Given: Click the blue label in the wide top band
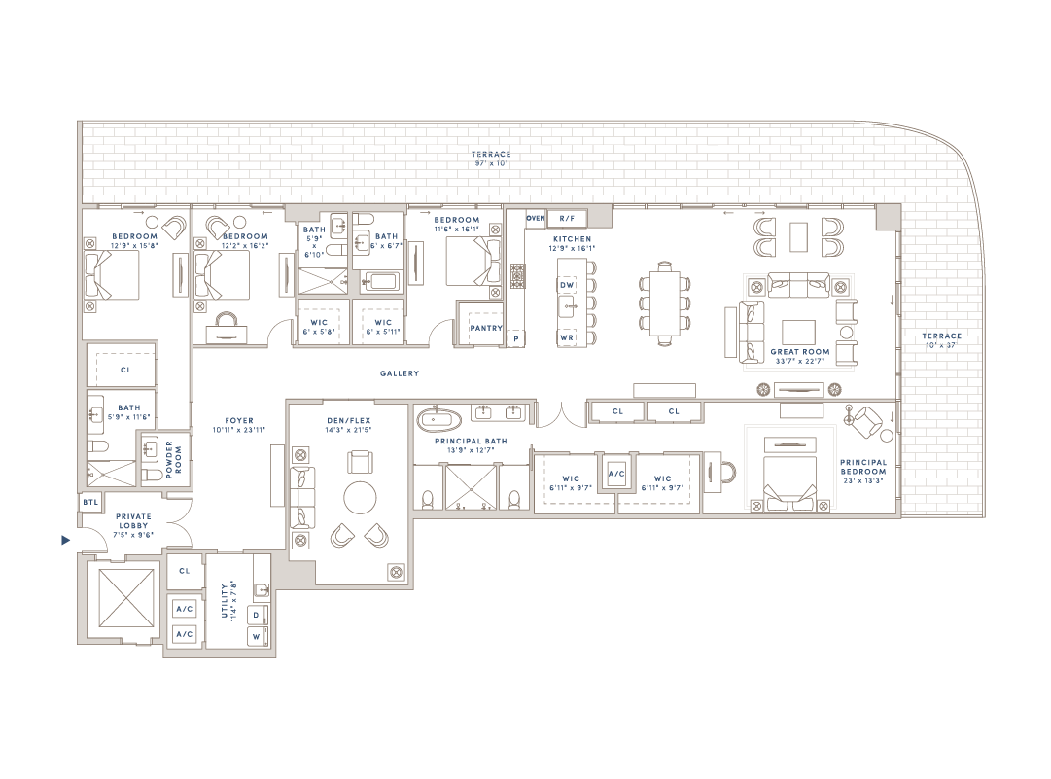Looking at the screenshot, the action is click(495, 159).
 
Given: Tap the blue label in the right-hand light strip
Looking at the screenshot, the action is click(949, 340).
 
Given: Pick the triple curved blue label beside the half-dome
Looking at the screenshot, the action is click(151, 525).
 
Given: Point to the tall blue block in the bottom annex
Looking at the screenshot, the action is click(237, 600).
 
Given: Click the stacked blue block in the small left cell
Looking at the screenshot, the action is click(177, 460).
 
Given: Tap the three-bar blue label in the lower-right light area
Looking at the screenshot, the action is click(868, 471).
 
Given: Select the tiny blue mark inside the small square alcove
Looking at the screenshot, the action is click(617, 474).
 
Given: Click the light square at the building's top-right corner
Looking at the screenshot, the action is click(888, 217).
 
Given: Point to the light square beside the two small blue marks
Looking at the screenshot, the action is click(599, 215).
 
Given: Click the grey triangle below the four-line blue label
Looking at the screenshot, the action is click(312, 282).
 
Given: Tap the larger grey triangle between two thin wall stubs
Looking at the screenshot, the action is click(456, 489).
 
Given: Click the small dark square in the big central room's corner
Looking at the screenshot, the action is click(397, 573).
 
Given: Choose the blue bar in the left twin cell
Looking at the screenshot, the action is click(627, 411).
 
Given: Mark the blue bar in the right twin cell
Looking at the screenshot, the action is click(683, 411).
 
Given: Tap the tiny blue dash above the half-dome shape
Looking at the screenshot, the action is click(92, 502).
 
